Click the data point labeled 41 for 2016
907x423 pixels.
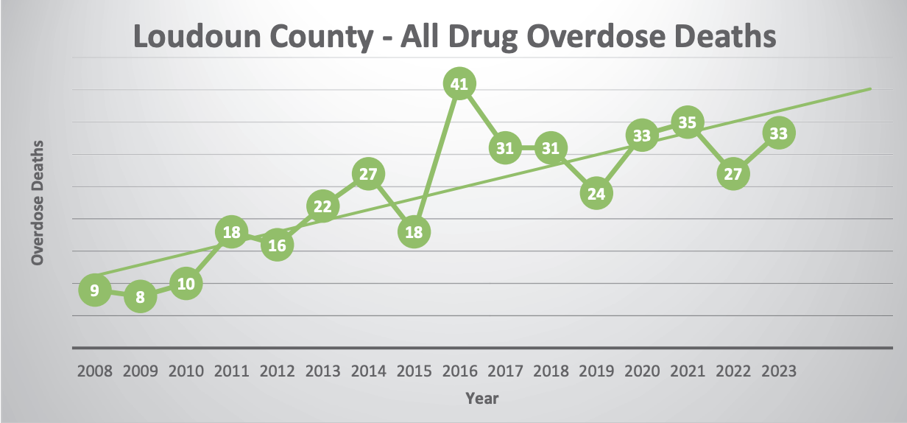pos(459,84)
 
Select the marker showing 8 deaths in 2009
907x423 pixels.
pos(140,297)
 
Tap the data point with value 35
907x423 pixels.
pos(687,122)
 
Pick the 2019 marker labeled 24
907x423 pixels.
pos(596,193)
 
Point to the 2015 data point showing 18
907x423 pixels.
pos(414,232)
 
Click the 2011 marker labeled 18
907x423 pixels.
pos(231,232)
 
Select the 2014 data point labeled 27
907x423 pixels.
pos(368,174)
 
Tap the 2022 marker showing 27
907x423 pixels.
pos(733,174)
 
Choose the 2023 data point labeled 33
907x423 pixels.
pos(778,133)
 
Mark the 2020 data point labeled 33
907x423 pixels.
pos(641,135)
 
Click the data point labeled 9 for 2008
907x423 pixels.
pos(94,290)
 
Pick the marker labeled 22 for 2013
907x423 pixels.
pos(322,206)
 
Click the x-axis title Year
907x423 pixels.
pos(481,399)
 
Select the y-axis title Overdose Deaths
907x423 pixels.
pos(38,202)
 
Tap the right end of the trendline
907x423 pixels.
pos(870,89)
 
